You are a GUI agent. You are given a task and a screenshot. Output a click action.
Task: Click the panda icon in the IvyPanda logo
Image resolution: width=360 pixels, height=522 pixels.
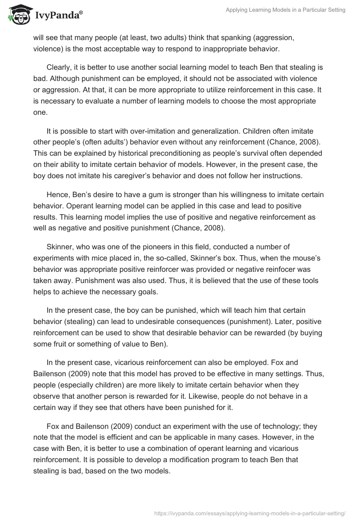(18, 13)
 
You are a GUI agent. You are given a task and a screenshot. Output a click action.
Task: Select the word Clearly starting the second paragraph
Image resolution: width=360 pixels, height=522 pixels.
(59, 67)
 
